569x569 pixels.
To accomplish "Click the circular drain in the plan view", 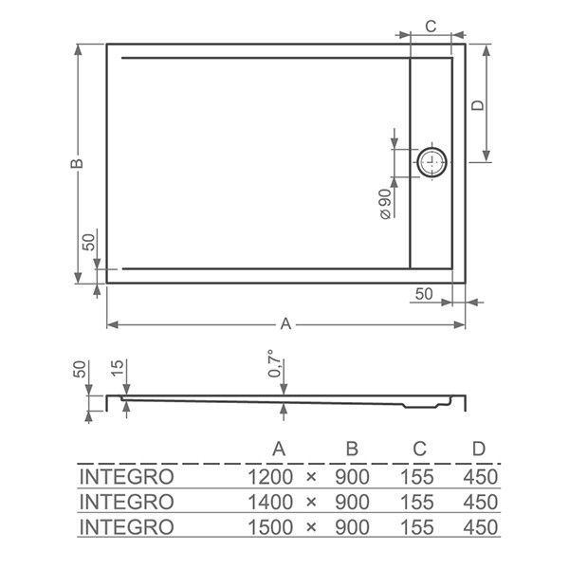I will click(x=433, y=162).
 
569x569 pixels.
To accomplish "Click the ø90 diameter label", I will click(x=385, y=204).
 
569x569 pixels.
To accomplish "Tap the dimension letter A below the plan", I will click(x=284, y=324).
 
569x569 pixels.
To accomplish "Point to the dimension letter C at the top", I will click(x=430, y=27).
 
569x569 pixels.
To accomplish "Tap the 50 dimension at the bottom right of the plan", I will click(x=424, y=294).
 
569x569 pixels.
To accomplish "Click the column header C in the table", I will click(x=417, y=448).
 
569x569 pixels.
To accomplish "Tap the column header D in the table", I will click(x=480, y=448).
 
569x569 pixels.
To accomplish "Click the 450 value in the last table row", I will click(x=480, y=525).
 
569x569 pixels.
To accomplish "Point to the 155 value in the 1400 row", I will click(x=417, y=501).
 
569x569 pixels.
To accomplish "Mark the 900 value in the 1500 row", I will click(x=352, y=525).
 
